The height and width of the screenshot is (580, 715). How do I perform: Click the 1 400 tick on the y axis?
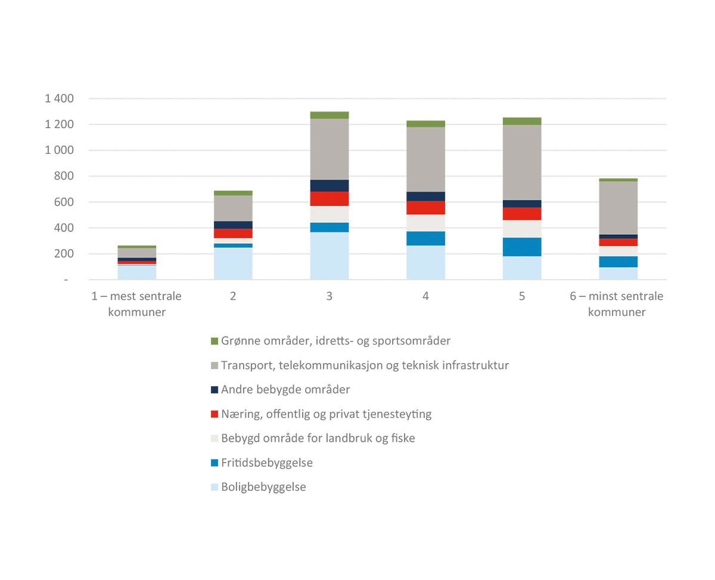59,98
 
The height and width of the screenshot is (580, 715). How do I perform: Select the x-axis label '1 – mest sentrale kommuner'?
136,304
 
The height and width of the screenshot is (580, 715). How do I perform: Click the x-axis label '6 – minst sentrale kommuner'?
616,304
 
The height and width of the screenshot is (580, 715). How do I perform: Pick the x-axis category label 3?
329,296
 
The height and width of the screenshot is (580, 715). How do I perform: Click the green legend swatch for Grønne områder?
214,341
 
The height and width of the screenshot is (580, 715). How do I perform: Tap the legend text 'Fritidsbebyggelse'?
266,463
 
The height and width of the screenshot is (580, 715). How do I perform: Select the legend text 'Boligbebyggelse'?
263,487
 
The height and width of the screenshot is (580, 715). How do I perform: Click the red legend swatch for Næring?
214,414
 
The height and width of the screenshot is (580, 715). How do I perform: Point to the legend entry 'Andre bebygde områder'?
285,389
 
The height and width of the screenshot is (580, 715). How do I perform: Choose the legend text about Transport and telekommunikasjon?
365,365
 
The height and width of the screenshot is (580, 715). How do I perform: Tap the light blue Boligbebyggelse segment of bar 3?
329,255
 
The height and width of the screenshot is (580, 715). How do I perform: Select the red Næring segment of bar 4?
425,207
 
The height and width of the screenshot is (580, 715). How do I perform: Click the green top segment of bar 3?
329,115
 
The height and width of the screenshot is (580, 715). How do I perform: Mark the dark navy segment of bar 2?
233,225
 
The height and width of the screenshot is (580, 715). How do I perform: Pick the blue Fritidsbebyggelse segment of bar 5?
522,247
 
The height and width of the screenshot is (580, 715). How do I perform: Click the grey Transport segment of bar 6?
618,207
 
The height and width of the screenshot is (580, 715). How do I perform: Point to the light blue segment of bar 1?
136,272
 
